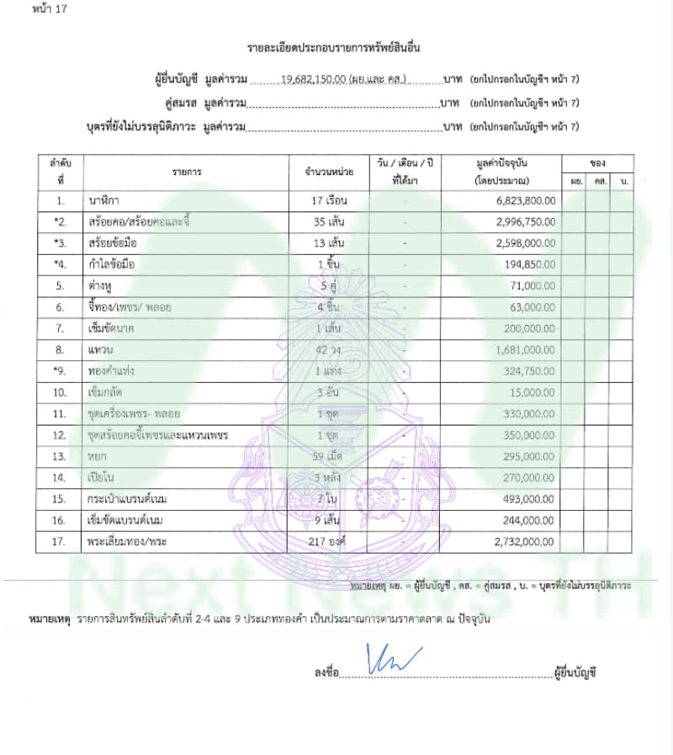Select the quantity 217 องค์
coord(329,542)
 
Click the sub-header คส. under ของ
coord(599,181)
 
